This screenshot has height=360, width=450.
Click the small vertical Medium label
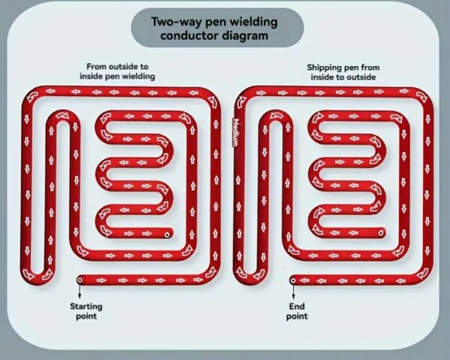pos(235,132)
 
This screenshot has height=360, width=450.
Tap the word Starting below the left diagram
pos(86,307)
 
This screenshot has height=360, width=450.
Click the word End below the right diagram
pos(297,306)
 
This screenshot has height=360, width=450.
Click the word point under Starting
pos(86,316)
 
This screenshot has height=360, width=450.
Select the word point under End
pos(297,316)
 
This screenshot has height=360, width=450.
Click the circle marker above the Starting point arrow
pos(79,280)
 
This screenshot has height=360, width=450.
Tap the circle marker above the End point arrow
pos(293,280)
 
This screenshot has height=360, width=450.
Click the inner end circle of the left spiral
pos(166,235)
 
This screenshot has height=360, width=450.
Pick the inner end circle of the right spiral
pos(380,233)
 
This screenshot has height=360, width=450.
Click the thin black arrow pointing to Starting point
pos(79,291)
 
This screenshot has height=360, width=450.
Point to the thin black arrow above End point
pos(293,291)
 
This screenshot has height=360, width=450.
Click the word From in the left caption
pos(94,67)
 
